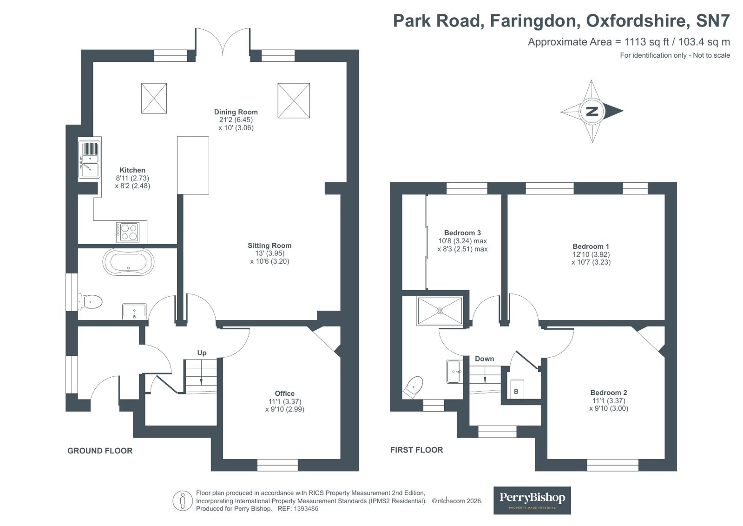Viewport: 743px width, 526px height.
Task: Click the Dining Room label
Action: [236, 112]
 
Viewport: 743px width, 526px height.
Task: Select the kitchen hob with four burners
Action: [128, 232]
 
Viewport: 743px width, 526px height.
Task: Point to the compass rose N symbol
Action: [592, 111]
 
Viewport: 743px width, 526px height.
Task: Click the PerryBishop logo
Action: [532, 500]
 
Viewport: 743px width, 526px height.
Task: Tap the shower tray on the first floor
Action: [440, 310]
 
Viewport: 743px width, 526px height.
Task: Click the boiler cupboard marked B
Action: [516, 391]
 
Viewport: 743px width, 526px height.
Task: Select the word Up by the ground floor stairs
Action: [202, 353]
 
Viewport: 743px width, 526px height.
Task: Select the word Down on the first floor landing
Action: [484, 359]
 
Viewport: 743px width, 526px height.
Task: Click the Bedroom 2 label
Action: [609, 393]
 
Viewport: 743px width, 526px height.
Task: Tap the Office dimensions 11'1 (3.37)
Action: [284, 401]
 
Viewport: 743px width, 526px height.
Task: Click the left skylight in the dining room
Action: [154, 98]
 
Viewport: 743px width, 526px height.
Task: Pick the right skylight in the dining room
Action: [294, 100]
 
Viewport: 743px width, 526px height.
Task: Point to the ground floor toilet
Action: [92, 301]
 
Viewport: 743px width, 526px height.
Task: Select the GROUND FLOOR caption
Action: [100, 451]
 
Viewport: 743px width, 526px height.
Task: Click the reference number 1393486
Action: [304, 509]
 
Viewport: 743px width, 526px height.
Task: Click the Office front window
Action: [277, 465]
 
